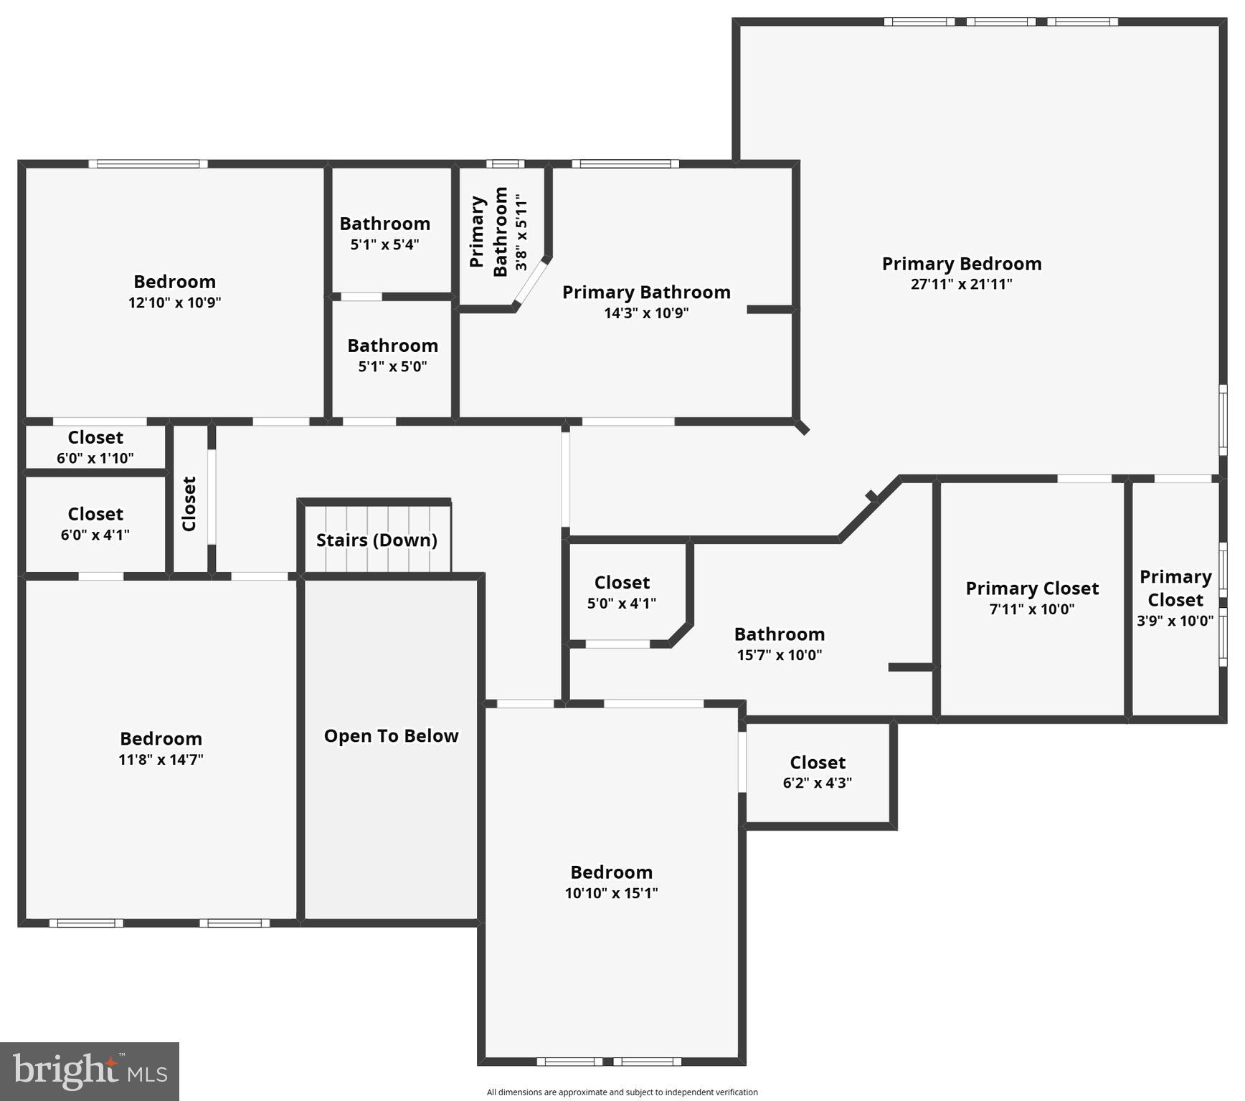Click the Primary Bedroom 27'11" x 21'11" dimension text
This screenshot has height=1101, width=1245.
961,284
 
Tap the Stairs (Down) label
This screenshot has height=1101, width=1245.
377,540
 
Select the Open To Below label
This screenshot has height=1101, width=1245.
391,736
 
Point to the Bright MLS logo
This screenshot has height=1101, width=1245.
90,1072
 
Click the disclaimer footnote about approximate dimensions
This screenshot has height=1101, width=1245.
622,1092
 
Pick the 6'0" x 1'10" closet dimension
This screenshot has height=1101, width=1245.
95,458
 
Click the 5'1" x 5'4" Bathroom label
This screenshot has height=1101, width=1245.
384,224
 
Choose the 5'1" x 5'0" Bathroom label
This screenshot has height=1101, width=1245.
392,346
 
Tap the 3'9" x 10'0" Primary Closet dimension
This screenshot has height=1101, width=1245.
1175,621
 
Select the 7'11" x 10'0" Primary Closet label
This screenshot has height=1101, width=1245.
1031,589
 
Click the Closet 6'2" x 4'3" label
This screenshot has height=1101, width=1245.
817,763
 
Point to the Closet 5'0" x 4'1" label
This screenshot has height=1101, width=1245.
622,583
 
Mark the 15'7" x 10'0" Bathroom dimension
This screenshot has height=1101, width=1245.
779,654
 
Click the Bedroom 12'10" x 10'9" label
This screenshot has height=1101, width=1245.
174,282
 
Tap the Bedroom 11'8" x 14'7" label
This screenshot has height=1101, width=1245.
161,740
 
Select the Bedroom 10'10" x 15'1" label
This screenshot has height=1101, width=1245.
611,873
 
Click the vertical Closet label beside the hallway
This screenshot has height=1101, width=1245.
189,504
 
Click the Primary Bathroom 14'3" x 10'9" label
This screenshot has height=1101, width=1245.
645,293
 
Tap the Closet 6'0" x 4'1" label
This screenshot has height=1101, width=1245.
95,515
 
